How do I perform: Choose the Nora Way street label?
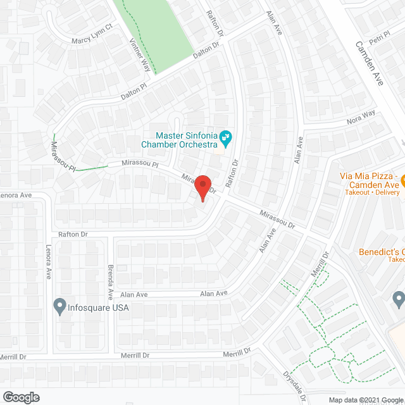(x=361, y=116)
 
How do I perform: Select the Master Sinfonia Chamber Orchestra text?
(x=187, y=140)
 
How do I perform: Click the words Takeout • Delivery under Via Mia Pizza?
(x=370, y=191)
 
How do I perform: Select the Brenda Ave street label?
(x=110, y=282)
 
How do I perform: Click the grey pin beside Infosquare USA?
(x=60, y=307)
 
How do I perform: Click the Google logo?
(x=20, y=397)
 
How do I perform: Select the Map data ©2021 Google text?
(x=365, y=400)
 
